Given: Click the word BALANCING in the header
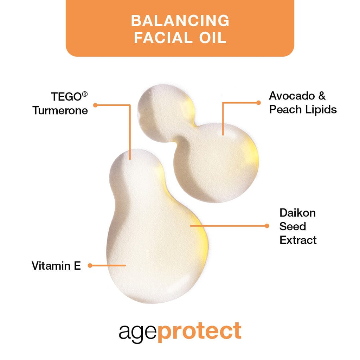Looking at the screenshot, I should point(180,21).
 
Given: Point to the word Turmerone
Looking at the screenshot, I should point(60,110).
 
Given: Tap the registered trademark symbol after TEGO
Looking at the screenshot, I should point(85,94).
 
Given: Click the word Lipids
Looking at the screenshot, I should point(320,109).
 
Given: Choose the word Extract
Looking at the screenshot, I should point(298,240).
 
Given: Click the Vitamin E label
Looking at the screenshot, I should point(56,266).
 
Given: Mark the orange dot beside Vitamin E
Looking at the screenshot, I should point(90,265).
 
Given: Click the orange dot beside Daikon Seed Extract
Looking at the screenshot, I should point(267,226).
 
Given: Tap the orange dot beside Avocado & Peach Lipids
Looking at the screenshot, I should point(258,103).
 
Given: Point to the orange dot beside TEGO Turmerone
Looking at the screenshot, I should point(95,105).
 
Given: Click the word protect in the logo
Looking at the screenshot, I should point(199,331).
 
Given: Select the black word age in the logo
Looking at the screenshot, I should point(137,332).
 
